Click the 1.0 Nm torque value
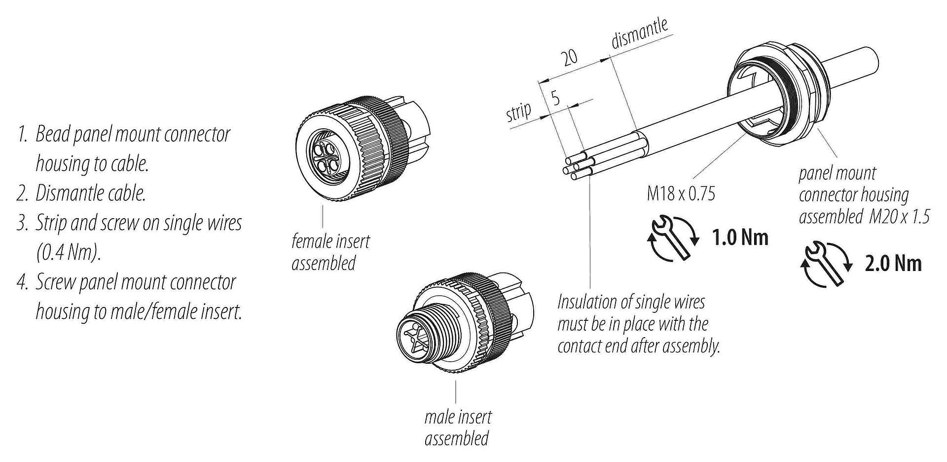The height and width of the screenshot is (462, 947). point(740,238)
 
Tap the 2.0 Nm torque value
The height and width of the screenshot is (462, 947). point(893,264)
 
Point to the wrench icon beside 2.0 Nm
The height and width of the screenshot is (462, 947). point(827,264)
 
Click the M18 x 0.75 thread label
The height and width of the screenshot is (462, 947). point(681,194)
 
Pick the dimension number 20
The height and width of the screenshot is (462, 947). point(570,57)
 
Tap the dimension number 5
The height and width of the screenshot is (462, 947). point(555,98)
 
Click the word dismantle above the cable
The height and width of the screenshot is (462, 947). point(639,34)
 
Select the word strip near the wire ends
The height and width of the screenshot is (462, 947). point(519,113)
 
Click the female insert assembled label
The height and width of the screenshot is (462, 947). point(330,252)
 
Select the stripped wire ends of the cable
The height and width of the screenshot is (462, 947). point(575,167)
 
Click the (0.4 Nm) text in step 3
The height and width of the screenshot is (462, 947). point(68,253)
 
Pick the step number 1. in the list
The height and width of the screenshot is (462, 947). point(22,135)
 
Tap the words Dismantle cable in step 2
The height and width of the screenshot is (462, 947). point(91,193)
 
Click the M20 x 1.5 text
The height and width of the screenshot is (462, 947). point(899,216)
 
